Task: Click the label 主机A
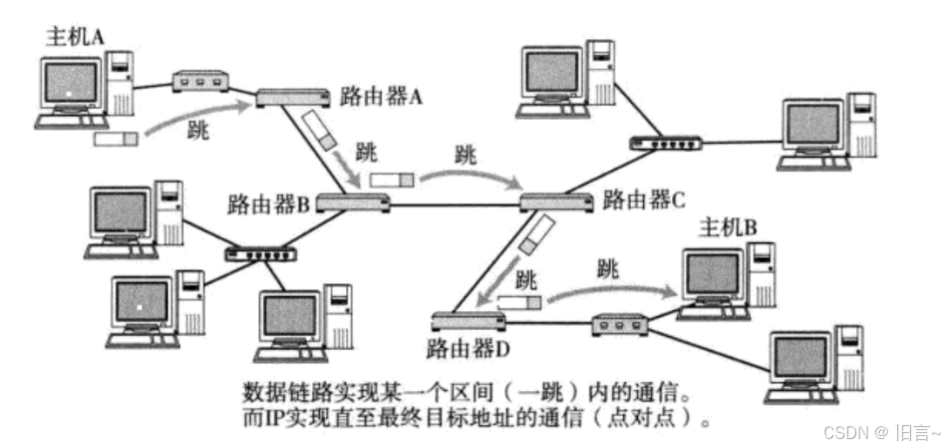coord(76,37)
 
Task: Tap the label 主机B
coord(728,227)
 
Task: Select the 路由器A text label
coord(382,97)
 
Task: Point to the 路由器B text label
coord(269,205)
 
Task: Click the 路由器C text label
coord(644,199)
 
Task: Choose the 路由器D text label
coord(469,348)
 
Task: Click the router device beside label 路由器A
coord(293,98)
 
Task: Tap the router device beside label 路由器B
coord(353,203)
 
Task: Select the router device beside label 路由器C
coord(556,203)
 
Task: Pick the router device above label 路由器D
coord(469,320)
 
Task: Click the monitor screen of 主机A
coord(71,82)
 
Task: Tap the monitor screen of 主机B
coord(714,273)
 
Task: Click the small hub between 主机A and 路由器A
coord(200,82)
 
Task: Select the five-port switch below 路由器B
coord(261,254)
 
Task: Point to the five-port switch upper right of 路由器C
coord(666,144)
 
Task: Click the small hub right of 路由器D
coord(620,324)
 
